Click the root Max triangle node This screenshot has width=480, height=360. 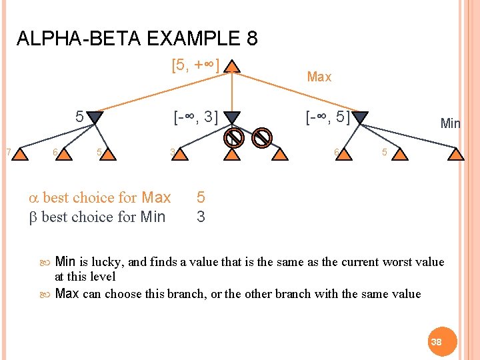(231, 67)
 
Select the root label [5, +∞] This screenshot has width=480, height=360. (195, 66)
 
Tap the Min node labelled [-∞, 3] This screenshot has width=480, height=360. (231, 118)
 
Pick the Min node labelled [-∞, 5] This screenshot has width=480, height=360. (360, 119)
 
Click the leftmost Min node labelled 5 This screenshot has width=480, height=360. (95, 118)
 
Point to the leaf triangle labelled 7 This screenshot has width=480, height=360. (22, 155)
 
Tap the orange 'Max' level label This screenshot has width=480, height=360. (319, 77)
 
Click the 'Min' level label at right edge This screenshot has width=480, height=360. (450, 123)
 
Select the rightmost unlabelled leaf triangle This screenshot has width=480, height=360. (455, 155)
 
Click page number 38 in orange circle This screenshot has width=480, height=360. (437, 341)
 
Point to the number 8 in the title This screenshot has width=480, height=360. (251, 39)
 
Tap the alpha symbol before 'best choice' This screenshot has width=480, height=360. (34, 198)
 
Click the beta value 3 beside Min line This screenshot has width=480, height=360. (201, 217)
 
